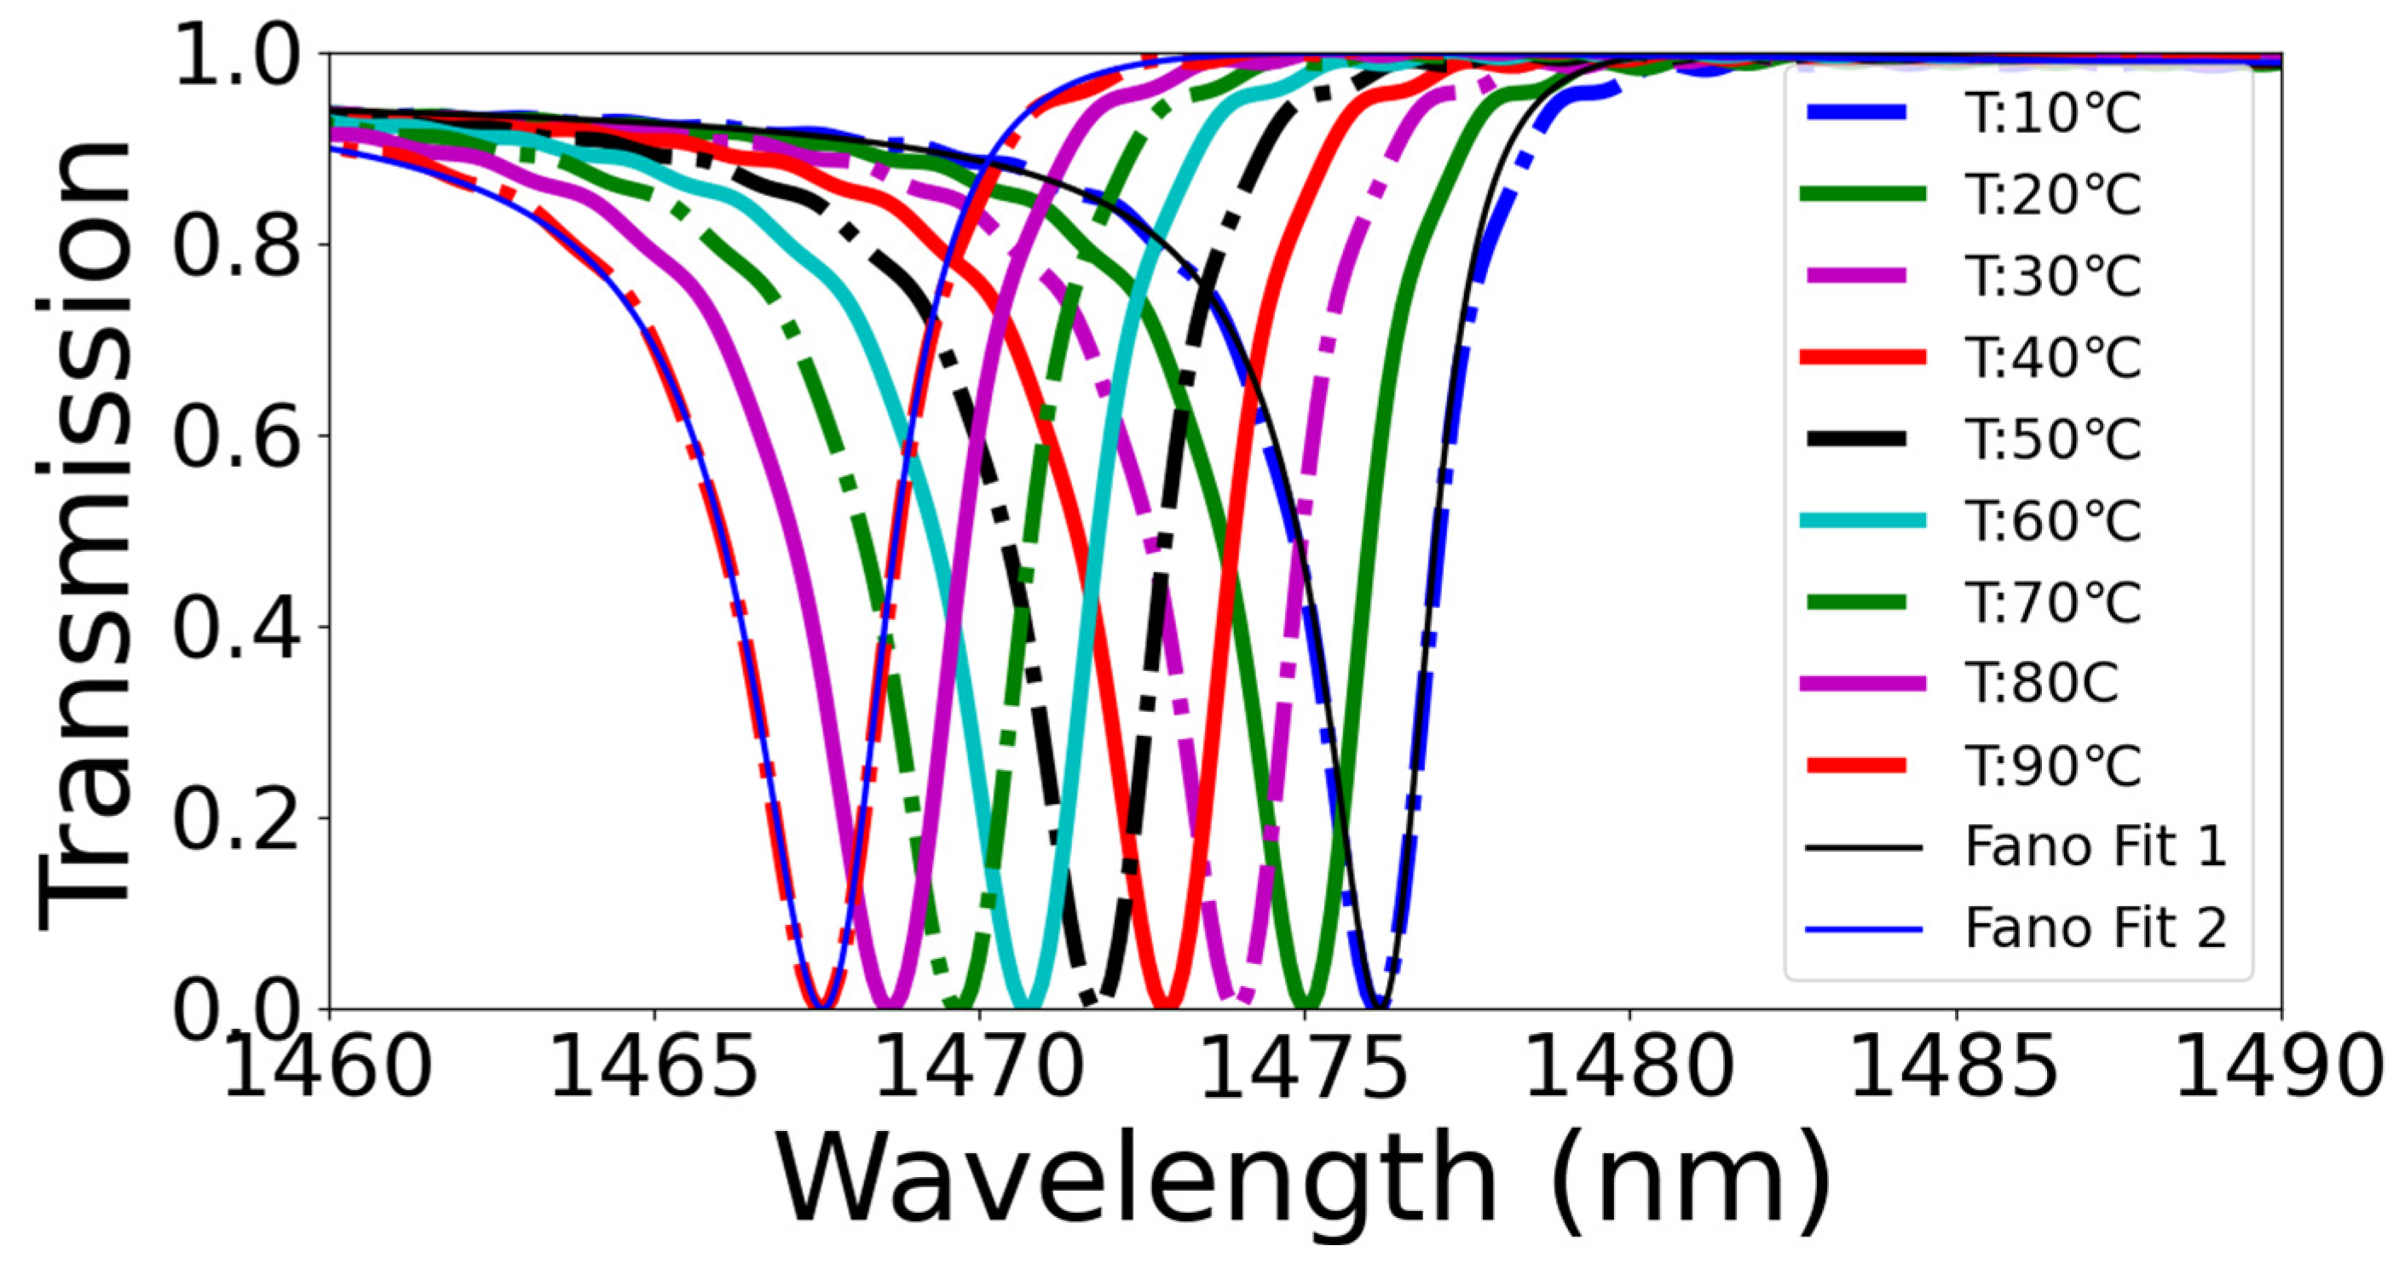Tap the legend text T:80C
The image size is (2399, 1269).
(x=2041, y=683)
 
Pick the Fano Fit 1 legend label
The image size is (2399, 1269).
(x=2096, y=847)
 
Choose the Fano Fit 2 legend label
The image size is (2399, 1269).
(x=2096, y=928)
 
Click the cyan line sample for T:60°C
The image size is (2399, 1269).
(x=1864, y=520)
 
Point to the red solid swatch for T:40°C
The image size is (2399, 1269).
(x=1864, y=358)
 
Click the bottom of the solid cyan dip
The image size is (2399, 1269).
(x=1024, y=1003)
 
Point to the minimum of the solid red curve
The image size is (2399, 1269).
(x=1166, y=1003)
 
